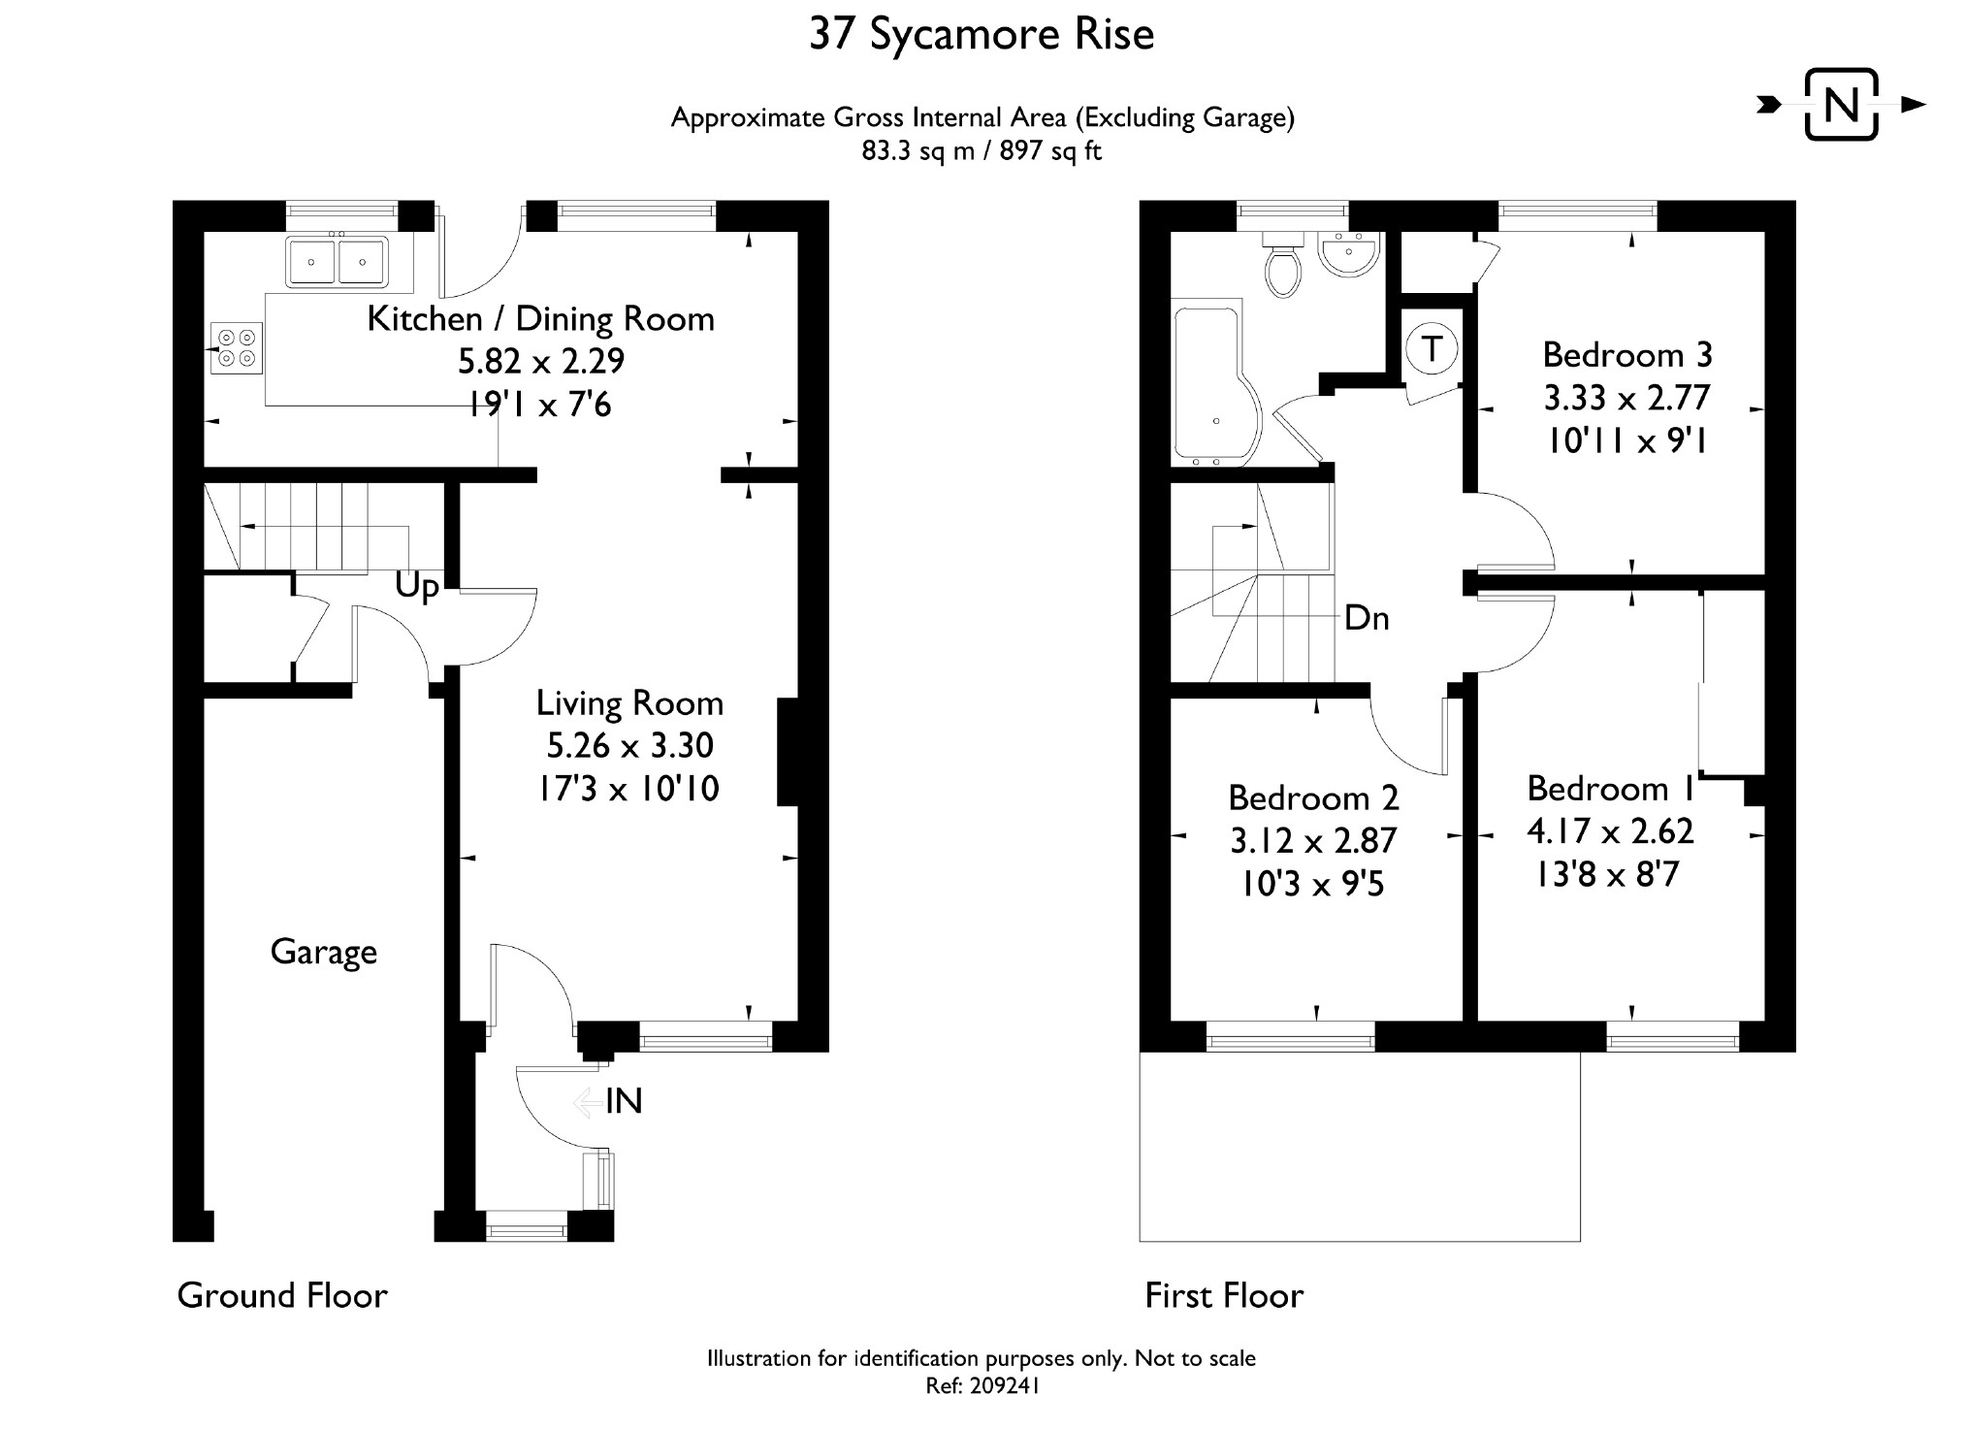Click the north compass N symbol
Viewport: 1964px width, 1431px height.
(x=1841, y=105)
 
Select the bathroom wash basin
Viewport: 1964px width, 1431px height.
(x=1348, y=255)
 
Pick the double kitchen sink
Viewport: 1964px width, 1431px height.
(x=337, y=261)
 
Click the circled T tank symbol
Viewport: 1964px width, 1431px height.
(x=1432, y=348)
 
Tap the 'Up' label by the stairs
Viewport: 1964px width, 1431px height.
(x=417, y=587)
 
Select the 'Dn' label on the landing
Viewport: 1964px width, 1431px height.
(x=1367, y=618)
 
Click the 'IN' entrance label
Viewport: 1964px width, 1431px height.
(x=624, y=1101)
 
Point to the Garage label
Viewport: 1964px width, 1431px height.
(x=323, y=952)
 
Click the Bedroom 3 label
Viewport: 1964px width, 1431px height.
(x=1626, y=355)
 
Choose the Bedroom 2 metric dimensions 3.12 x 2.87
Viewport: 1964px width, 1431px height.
(x=1313, y=840)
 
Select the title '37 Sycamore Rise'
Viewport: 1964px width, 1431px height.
(x=982, y=35)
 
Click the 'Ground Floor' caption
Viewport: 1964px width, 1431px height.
(x=282, y=1295)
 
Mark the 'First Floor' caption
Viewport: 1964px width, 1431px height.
(x=1224, y=1295)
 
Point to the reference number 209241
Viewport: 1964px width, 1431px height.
(x=1007, y=1386)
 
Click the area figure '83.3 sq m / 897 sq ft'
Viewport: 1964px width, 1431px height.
(x=982, y=151)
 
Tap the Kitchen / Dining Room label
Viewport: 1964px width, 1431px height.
(x=540, y=319)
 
